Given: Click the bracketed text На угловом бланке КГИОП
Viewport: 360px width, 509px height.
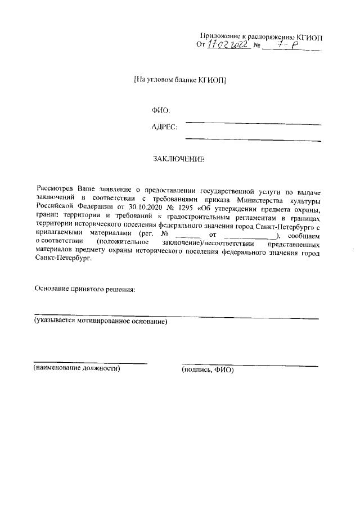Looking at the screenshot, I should coord(180,79).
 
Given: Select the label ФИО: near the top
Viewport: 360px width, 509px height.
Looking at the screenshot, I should coord(161,110).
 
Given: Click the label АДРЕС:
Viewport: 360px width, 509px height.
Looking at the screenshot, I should coord(164,127).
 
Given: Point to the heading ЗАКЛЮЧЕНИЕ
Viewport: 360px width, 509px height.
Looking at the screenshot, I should coord(179,159).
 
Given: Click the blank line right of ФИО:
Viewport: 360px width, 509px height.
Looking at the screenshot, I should coord(253,123).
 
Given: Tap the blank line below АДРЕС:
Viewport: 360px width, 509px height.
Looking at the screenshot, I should coord(253,140).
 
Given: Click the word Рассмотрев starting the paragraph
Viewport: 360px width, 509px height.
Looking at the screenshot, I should coord(55,191).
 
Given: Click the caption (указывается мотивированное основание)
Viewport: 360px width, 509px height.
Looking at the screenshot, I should coord(100,322).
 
